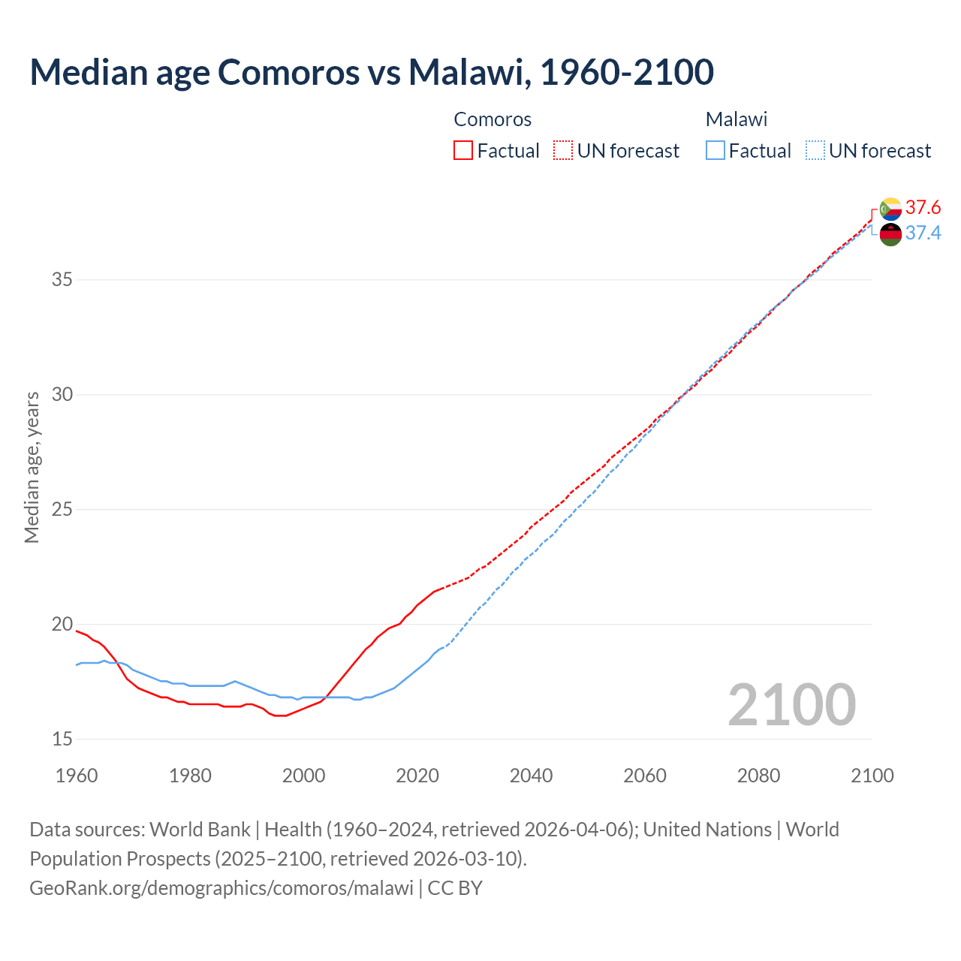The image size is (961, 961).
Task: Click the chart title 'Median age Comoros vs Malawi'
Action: click(371, 72)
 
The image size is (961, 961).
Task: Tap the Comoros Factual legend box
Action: click(463, 151)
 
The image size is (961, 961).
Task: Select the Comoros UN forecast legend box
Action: click(563, 151)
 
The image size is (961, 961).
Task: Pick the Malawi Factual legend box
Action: click(715, 151)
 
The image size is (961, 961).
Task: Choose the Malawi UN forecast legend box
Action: click(815, 151)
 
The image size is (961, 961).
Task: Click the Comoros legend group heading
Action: click(493, 119)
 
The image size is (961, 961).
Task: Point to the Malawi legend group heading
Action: click(736, 119)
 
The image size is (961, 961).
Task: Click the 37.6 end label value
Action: click(923, 207)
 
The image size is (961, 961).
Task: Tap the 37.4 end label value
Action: click(923, 233)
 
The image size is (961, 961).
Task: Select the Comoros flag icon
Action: click(890, 209)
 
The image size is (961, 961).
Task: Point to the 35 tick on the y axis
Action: click(62, 280)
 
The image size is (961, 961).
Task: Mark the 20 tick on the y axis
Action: click(62, 625)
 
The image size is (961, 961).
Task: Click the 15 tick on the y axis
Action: click(62, 740)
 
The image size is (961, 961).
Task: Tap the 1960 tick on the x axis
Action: click(77, 776)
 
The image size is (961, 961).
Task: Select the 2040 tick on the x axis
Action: click(531, 776)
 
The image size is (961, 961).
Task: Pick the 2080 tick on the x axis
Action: click(758, 776)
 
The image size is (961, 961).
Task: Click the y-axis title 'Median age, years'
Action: click(32, 467)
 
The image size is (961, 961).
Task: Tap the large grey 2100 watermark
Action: click(791, 704)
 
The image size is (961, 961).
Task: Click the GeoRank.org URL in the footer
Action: click(221, 888)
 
